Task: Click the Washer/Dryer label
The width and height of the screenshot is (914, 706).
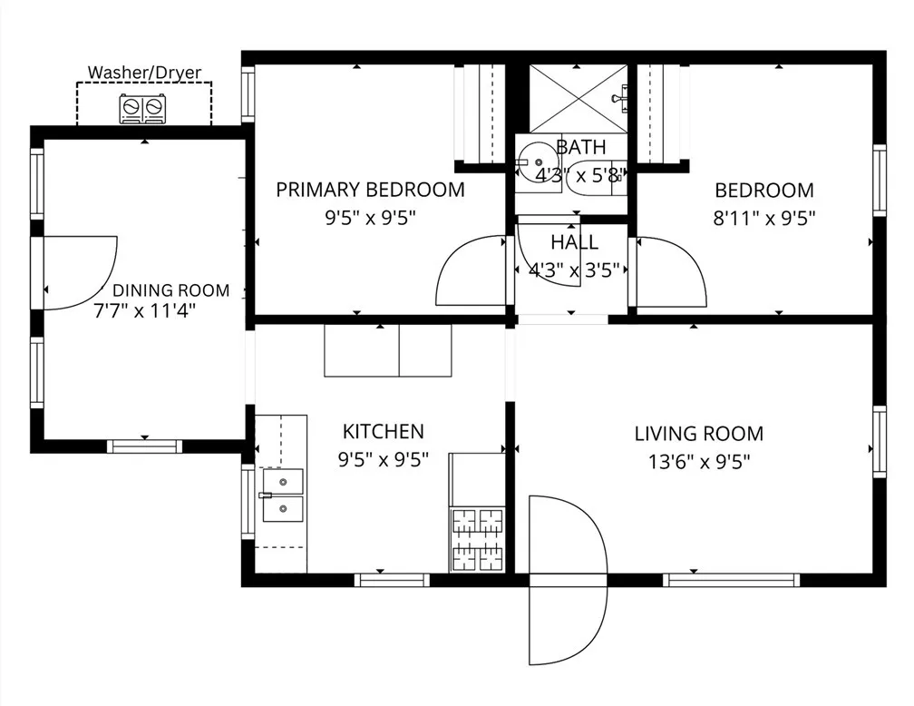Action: point(143,72)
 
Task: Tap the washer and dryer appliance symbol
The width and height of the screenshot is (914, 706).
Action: point(144,109)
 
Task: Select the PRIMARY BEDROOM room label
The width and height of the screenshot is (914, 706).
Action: point(370,190)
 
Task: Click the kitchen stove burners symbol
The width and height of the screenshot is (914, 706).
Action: point(477,540)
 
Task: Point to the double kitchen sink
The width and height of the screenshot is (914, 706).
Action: point(282,495)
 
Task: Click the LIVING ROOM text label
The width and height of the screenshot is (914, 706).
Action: point(698,434)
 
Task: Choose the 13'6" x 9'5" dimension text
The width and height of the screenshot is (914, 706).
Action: point(698,461)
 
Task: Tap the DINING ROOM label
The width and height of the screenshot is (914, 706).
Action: point(170,290)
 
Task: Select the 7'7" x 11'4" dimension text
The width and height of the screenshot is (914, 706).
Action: point(145,309)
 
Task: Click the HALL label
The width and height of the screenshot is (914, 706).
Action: point(574,242)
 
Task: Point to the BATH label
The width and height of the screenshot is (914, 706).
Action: point(580,147)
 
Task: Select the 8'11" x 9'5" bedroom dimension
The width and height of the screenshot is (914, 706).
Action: point(764,218)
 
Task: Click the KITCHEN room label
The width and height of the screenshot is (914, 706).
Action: point(382,432)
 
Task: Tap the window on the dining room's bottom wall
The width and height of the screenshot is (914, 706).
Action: point(144,446)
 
